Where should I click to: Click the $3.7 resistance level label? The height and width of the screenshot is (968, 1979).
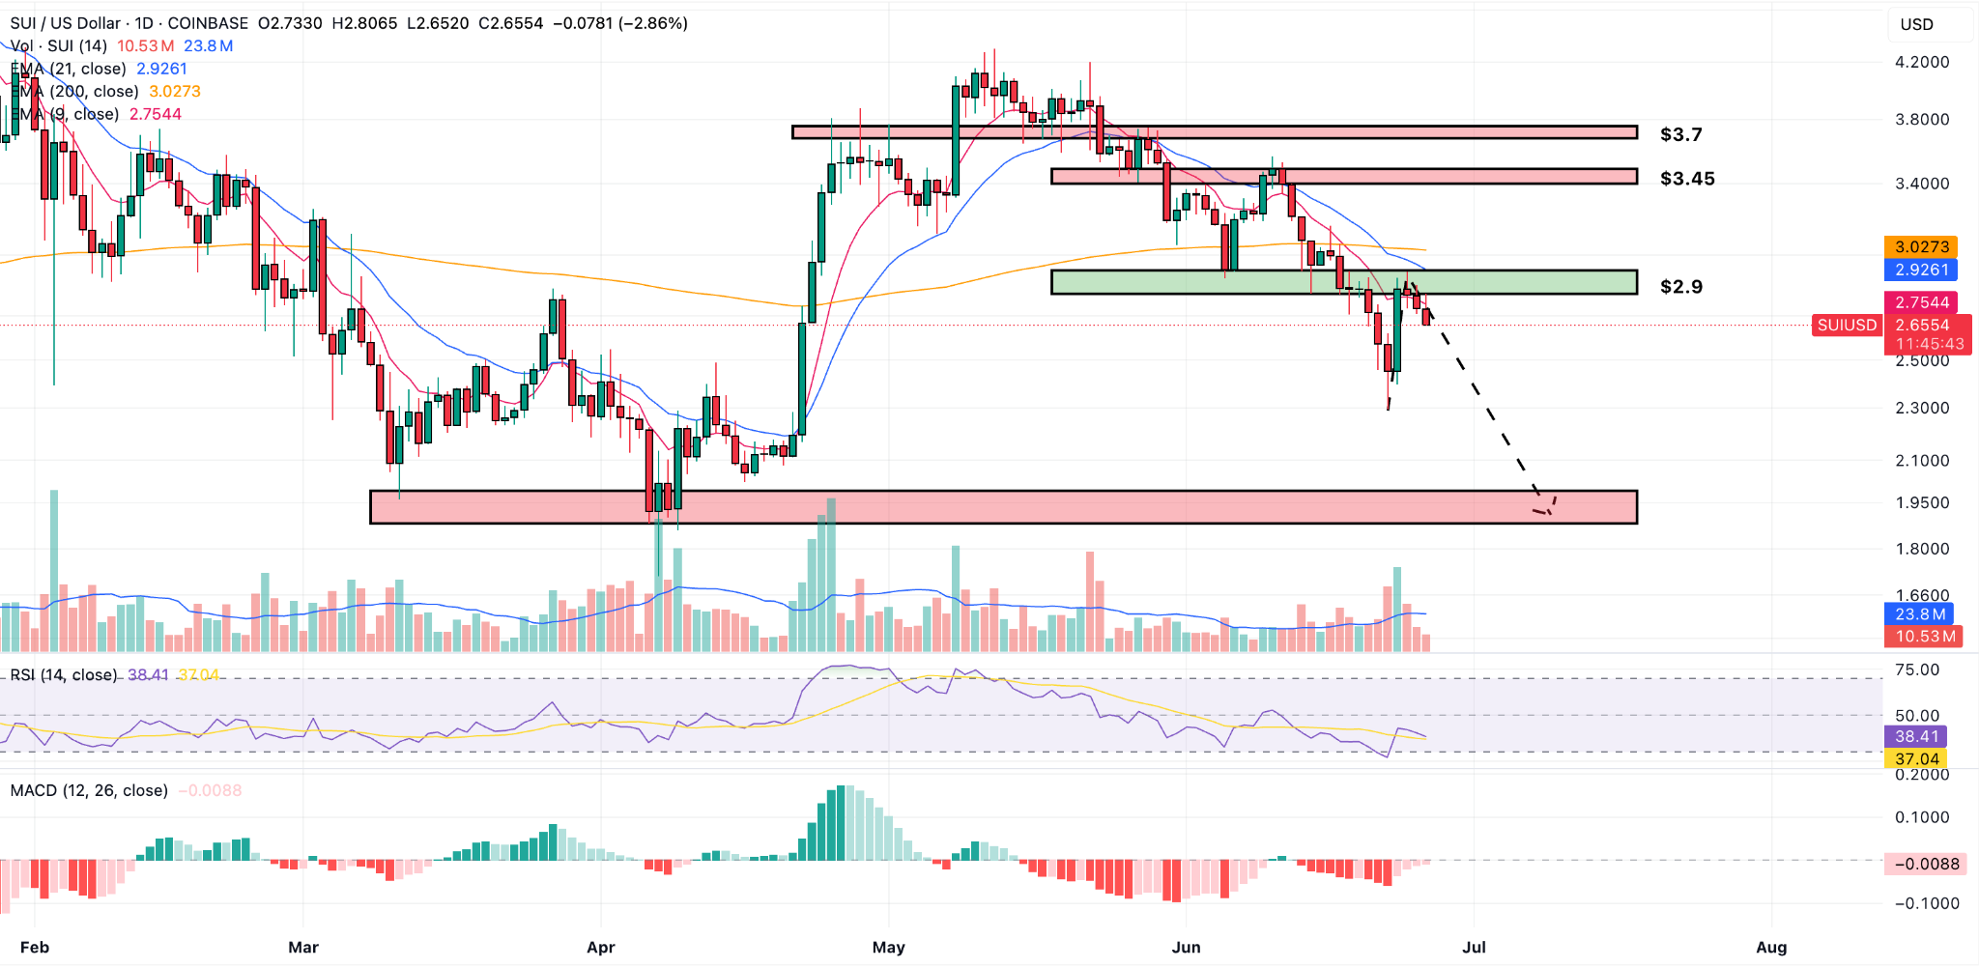[x=1680, y=134]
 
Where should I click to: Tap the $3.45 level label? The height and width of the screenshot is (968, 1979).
[x=1687, y=179]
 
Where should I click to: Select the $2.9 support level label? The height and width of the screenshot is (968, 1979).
[x=1680, y=287]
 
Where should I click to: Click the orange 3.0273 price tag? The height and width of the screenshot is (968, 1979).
[x=1921, y=247]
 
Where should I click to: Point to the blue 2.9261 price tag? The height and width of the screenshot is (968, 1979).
[x=1921, y=270]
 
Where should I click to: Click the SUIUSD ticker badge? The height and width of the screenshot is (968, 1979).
[x=1846, y=326]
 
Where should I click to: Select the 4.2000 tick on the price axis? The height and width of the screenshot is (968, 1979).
[x=1921, y=62]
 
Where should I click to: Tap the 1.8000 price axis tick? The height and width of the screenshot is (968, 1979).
[x=1921, y=549]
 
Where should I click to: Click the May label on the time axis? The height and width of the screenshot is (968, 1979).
[x=888, y=947]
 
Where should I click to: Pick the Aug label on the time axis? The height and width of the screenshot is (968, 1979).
[x=1770, y=947]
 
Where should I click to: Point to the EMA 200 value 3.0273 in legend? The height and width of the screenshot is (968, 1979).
[x=175, y=92]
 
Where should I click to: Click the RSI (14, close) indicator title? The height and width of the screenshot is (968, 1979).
[x=64, y=675]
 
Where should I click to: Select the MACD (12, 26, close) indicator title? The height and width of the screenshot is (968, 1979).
[x=89, y=790]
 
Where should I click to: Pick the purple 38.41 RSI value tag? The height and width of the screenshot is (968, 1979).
[x=1916, y=737]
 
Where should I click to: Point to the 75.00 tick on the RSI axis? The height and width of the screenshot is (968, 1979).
[x=1916, y=669]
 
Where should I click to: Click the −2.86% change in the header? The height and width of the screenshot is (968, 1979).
[x=655, y=23]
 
